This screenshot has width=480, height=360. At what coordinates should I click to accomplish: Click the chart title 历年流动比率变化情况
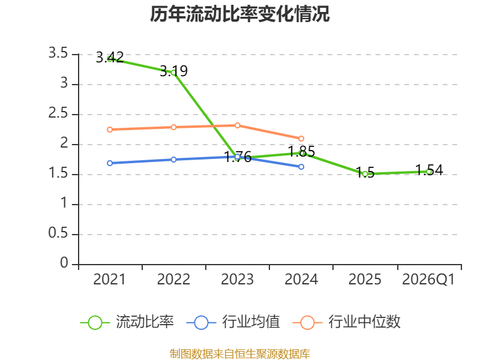[x=239, y=14]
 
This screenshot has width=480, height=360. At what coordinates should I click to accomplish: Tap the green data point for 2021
[x=110, y=59]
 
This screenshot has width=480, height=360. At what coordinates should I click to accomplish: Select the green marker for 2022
[x=173, y=73]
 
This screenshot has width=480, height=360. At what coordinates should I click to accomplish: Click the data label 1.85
[x=302, y=152]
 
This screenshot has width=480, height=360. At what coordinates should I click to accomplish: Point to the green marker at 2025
[x=365, y=174]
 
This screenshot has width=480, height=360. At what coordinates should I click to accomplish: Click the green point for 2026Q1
[x=429, y=172]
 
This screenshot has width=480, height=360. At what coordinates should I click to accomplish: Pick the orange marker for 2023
[x=237, y=125]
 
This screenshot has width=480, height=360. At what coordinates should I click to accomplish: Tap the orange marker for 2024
[x=301, y=139]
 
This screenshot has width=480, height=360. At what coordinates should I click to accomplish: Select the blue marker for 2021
[x=110, y=163]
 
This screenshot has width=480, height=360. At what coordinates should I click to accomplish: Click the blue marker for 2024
[x=301, y=167]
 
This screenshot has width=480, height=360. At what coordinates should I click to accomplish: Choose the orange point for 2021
[x=110, y=130]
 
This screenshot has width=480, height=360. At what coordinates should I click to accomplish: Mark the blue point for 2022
[x=173, y=160]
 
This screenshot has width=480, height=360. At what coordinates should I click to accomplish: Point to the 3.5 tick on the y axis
[x=58, y=53]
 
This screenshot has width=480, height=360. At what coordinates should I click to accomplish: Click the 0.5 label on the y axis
[x=58, y=233]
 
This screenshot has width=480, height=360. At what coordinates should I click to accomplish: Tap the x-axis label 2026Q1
[x=428, y=279]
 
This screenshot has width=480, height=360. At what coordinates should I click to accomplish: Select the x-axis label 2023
[x=237, y=279]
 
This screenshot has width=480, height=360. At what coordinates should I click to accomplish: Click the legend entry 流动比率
[x=127, y=322]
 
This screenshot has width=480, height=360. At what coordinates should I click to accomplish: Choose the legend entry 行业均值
[x=233, y=322]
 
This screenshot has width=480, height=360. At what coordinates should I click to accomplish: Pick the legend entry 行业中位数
[x=347, y=322]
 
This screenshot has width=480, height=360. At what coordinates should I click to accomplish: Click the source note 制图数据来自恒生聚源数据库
[x=240, y=354]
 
